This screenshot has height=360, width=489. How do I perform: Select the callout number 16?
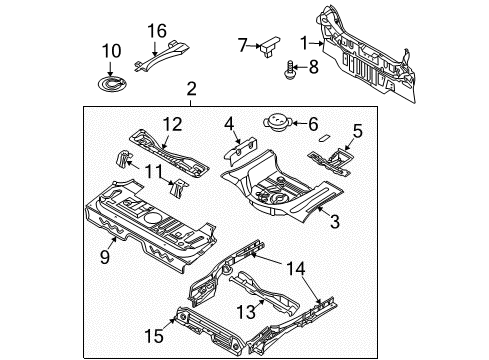click(x=158, y=30)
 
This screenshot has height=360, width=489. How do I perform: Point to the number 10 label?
click(x=111, y=50)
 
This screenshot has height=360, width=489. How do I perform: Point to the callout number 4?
click(x=230, y=125)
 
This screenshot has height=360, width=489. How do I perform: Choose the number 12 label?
click(x=172, y=123)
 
